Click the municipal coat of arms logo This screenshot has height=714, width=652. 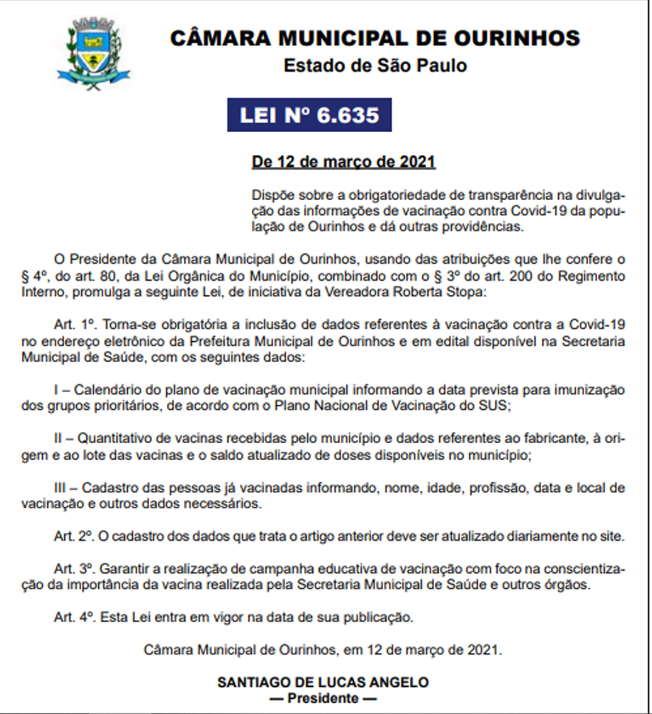point(93,54)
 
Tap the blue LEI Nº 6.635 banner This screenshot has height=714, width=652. point(309,115)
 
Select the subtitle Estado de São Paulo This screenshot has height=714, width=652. point(375,65)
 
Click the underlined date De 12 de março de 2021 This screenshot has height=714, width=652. point(344,162)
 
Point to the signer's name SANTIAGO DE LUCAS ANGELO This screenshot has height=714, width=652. point(323,683)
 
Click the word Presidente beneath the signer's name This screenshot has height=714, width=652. point(323,698)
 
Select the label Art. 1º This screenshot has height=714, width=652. point(74,325)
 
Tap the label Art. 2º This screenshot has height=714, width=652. point(74,537)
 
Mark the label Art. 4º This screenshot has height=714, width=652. point(74,618)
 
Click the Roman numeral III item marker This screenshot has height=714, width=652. point(62,488)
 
